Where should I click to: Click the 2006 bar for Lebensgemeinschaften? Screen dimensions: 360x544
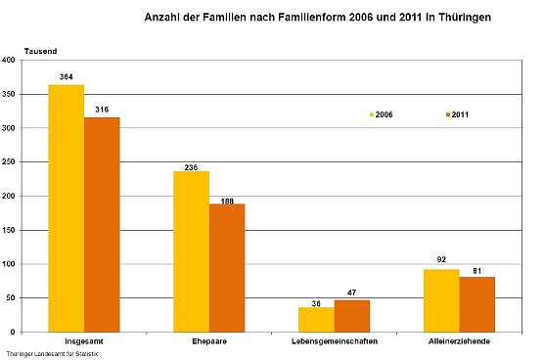[316, 320]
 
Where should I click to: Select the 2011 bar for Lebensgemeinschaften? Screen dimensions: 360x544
[352, 316]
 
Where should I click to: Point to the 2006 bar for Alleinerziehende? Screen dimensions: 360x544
[441, 300]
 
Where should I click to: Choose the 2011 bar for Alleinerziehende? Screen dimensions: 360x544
[477, 304]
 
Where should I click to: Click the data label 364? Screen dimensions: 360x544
[67, 76]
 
